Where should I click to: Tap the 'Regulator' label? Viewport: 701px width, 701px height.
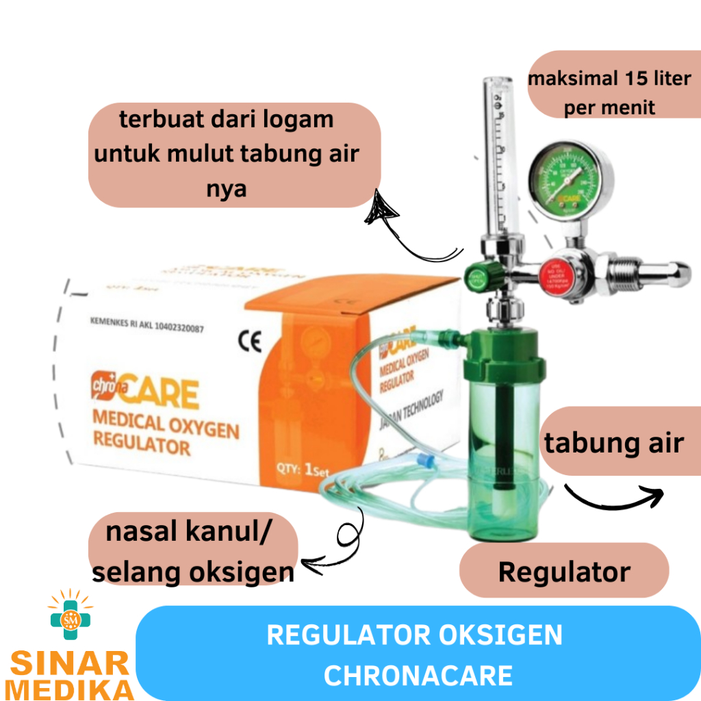[x=564, y=571]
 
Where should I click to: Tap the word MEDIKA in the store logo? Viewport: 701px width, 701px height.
[x=66, y=687]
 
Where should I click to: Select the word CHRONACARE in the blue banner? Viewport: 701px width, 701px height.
[x=418, y=675]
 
